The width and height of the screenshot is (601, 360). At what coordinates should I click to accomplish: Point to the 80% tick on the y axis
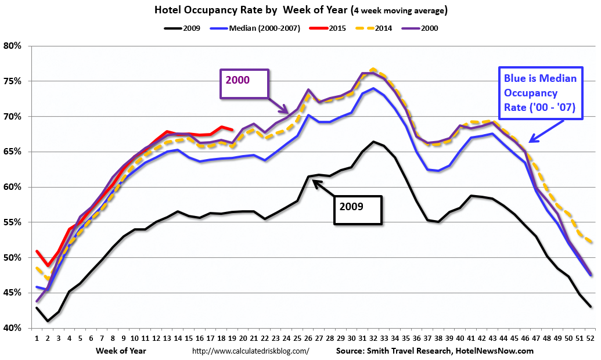click(x=12, y=46)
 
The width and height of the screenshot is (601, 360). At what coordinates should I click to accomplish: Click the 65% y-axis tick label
click(x=12, y=152)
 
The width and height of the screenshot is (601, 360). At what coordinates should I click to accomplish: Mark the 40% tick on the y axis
click(x=12, y=328)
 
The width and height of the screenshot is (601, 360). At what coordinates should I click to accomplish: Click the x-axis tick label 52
click(x=591, y=339)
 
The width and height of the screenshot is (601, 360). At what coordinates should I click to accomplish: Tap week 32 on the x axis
click(x=373, y=339)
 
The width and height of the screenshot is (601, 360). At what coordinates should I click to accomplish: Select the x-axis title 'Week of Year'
click(x=121, y=351)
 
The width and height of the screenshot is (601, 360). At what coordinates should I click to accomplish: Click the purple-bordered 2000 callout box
click(x=244, y=84)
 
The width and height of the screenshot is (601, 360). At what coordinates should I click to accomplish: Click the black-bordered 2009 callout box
click(x=358, y=210)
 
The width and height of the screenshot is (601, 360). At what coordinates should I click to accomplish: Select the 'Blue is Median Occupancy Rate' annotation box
click(x=539, y=93)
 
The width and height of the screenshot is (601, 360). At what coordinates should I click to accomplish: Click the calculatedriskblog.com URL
click(x=250, y=351)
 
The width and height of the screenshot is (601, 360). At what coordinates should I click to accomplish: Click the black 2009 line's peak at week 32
click(x=373, y=142)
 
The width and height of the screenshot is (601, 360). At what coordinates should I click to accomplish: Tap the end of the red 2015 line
click(x=232, y=129)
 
